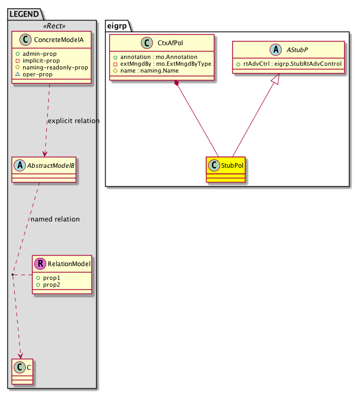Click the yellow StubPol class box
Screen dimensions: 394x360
coord(226,169)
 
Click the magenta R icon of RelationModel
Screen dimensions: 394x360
coord(39,264)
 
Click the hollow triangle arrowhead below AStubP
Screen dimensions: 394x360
coord(278,79)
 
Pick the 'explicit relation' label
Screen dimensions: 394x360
coord(74,121)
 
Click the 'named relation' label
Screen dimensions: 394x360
coord(55,219)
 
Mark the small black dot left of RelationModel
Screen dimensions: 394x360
coord(13,275)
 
